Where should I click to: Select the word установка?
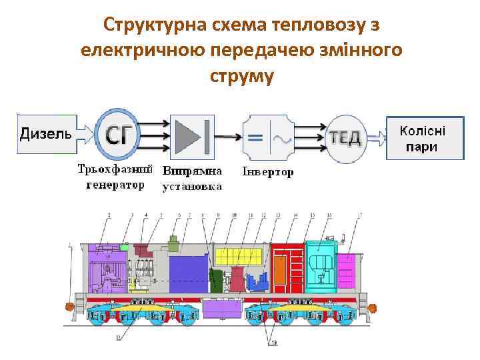pos(193,187)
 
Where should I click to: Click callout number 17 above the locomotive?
pos(360,215)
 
